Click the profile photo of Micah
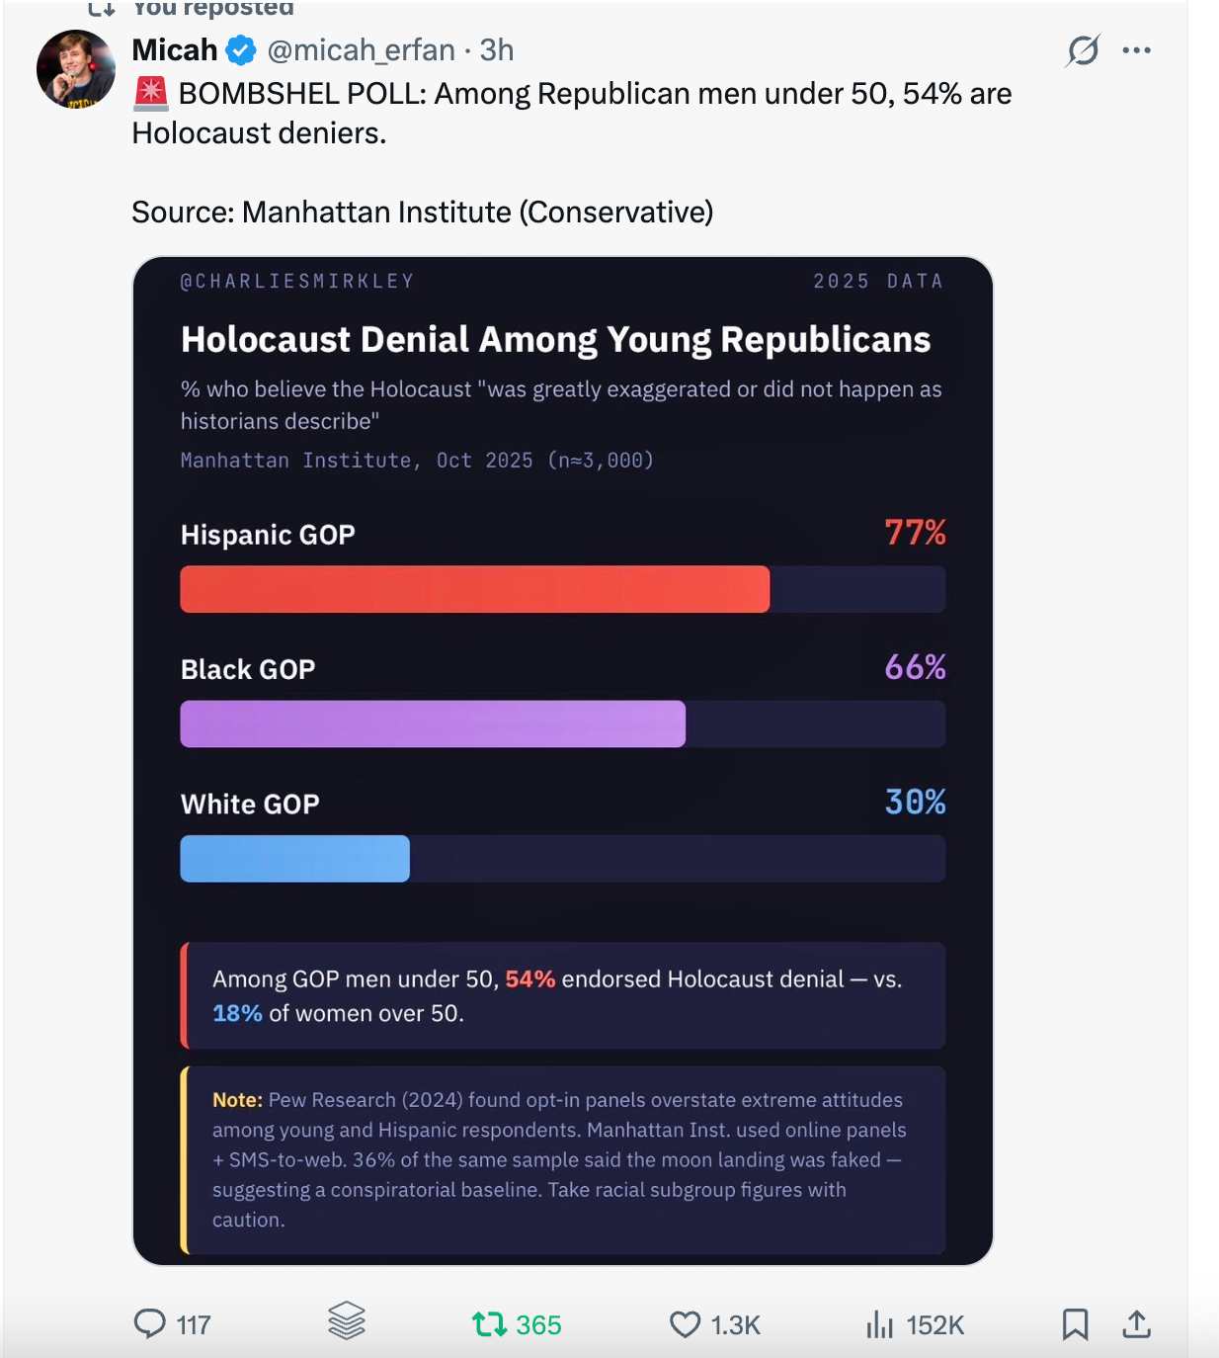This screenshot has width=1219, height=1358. pos(76,69)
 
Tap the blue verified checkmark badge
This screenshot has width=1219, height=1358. pos(241,50)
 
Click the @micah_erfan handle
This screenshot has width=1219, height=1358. pos(361,50)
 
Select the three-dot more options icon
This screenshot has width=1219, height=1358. pos(1136,50)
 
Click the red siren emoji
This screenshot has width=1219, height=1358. pos(150,93)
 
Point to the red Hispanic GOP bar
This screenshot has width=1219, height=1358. pos(474,589)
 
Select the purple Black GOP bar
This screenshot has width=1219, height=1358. pos(433,723)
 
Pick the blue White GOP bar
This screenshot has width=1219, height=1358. pos(294,858)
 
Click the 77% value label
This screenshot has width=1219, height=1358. pos(915,533)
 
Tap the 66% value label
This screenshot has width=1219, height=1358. pos(915,667)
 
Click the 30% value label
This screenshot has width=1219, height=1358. pos(915,802)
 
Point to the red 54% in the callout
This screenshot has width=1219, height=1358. pos(530,979)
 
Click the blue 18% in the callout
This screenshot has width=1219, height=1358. pos(237,1014)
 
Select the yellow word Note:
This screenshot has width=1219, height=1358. pos(237,1100)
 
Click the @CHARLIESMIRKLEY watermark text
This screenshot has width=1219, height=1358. pos(297,282)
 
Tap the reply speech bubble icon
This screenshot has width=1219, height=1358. pos(150,1323)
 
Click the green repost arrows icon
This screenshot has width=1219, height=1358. pos(489,1323)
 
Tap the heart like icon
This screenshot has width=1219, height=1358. pos(685,1323)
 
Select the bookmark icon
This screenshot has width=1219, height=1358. pos(1075,1323)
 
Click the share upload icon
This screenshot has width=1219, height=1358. pos(1137,1323)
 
